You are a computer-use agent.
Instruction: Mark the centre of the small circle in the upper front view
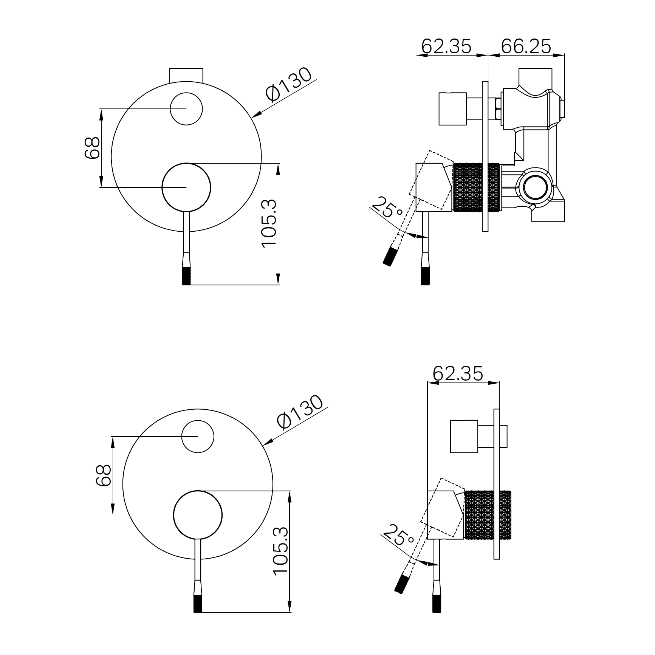click(186, 108)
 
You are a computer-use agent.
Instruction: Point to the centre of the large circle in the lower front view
click(198, 515)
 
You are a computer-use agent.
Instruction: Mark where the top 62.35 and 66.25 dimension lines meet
click(488, 56)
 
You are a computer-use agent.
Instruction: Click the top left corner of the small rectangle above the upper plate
click(170, 69)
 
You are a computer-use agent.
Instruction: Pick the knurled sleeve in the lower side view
click(488, 514)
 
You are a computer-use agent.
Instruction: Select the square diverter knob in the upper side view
click(452, 108)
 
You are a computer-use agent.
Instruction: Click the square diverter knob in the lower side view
click(464, 436)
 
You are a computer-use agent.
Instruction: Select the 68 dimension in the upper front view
click(92, 147)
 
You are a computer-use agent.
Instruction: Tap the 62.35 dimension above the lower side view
click(458, 374)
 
